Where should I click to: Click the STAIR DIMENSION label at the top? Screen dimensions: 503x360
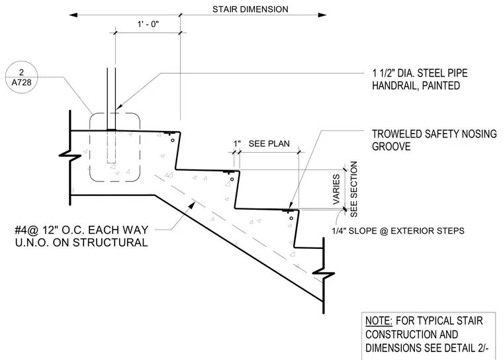tap(250, 9)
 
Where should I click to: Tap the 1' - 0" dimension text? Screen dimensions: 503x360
tap(148, 24)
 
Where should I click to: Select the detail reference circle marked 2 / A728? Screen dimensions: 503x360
tap(21, 77)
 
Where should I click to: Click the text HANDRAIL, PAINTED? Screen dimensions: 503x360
tap(416, 85)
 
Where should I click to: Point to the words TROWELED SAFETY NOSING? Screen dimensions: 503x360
tap(434, 134)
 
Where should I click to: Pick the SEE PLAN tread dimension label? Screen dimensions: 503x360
tap(269, 144)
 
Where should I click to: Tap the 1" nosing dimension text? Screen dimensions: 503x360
tap(237, 144)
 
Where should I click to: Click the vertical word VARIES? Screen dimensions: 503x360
tap(336, 189)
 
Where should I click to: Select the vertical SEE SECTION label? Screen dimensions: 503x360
tap(353, 189)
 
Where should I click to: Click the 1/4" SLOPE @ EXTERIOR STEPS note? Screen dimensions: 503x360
tap(398, 231)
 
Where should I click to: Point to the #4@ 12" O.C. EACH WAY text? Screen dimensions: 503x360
tap(82, 230)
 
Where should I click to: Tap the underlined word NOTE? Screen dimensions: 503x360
tap(379, 320)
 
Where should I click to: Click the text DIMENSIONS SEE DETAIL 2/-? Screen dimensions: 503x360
tap(427, 348)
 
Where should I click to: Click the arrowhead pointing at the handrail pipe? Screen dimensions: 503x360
tap(118, 107)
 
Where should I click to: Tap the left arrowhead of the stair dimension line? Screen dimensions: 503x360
tap(73, 15)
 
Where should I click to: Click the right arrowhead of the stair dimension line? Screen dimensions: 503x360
tap(322, 15)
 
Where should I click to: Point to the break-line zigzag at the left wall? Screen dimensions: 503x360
tap(70, 155)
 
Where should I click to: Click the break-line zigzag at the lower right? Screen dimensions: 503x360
tap(324, 273)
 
